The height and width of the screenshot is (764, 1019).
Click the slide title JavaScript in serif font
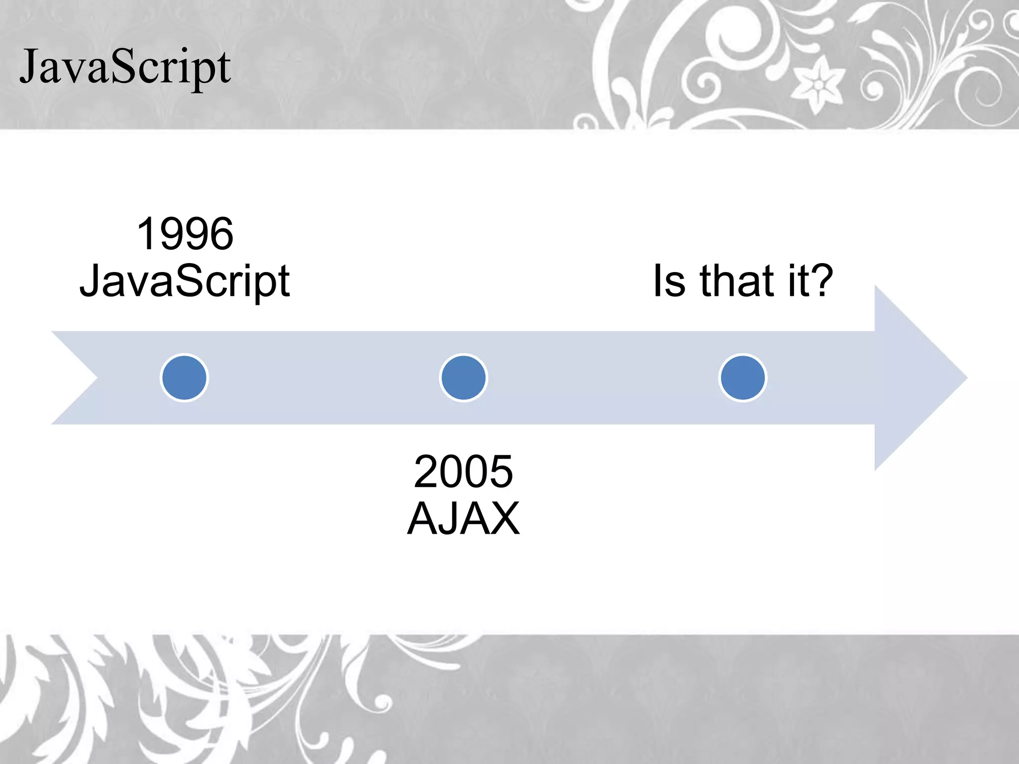(x=125, y=67)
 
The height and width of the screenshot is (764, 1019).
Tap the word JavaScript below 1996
(x=185, y=282)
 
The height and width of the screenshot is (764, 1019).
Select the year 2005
(x=463, y=472)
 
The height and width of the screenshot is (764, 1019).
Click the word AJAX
(x=463, y=519)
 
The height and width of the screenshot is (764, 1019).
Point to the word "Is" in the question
(x=669, y=281)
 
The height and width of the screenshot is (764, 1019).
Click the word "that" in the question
(x=738, y=281)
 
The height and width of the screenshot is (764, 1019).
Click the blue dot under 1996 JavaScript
(x=185, y=378)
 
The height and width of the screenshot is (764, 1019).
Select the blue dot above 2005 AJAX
(x=463, y=378)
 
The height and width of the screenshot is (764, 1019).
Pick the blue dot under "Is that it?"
(x=743, y=378)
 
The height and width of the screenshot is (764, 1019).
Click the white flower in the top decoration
(x=817, y=85)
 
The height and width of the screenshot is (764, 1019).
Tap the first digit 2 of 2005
(x=426, y=472)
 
